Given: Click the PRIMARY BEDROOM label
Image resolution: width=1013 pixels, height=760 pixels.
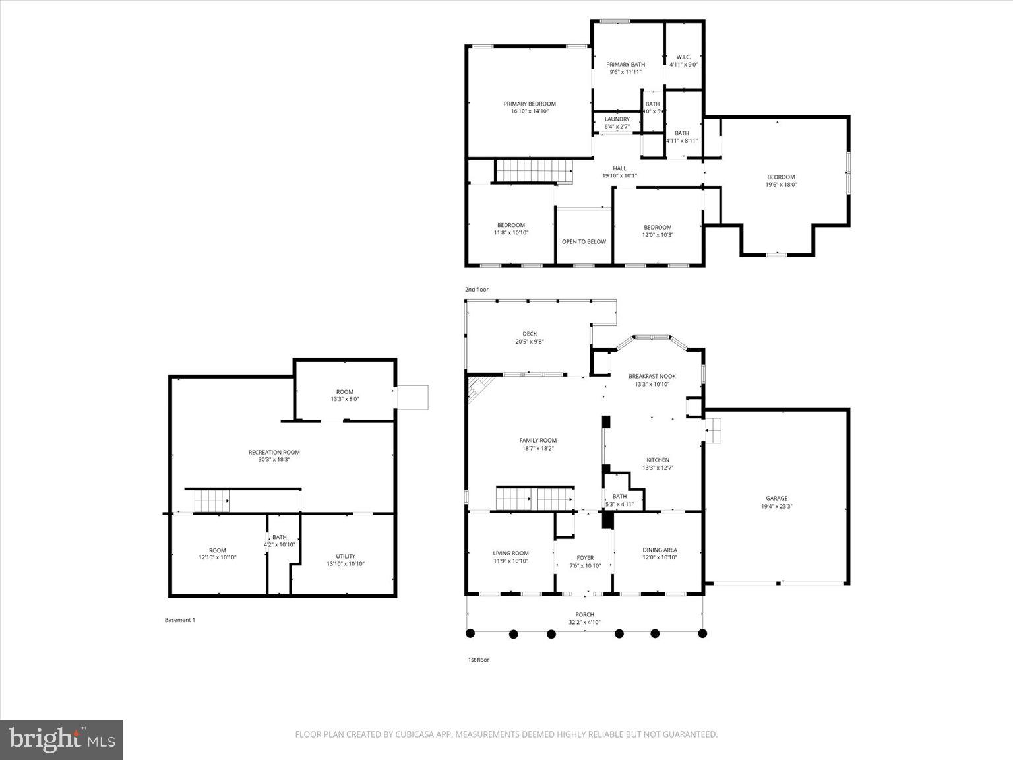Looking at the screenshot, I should (530, 104).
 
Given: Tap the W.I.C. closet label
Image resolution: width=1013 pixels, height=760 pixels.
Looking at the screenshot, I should (683, 57).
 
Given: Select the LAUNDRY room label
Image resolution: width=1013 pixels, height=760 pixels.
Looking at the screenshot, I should (617, 119).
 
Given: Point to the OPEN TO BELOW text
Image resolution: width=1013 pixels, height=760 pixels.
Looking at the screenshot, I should (584, 242).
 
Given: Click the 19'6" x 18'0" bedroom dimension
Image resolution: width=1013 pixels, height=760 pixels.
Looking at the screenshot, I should (781, 185).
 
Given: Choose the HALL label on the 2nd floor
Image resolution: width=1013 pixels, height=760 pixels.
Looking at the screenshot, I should (619, 168).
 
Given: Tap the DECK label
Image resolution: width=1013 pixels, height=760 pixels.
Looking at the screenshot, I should (530, 334).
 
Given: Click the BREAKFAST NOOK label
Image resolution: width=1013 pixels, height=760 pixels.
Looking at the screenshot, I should (652, 376).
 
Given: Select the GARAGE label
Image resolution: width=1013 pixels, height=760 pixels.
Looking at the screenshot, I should (776, 499).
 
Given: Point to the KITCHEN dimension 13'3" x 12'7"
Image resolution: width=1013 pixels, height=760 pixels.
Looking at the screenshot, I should (658, 468).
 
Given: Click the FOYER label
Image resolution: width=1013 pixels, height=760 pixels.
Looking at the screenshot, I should (585, 558).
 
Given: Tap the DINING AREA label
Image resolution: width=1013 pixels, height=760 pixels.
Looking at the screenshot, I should (660, 550).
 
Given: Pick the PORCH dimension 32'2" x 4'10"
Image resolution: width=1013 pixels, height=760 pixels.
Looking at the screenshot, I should (584, 622).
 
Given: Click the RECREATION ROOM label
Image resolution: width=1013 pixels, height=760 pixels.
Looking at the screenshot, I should (274, 452).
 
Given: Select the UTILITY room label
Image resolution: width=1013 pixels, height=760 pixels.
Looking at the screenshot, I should (346, 556).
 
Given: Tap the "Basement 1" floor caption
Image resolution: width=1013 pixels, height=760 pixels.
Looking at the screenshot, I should (179, 620).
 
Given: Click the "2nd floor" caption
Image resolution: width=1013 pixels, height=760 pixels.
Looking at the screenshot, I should (477, 290).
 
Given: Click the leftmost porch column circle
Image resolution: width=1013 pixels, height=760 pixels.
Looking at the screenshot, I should (470, 633).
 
